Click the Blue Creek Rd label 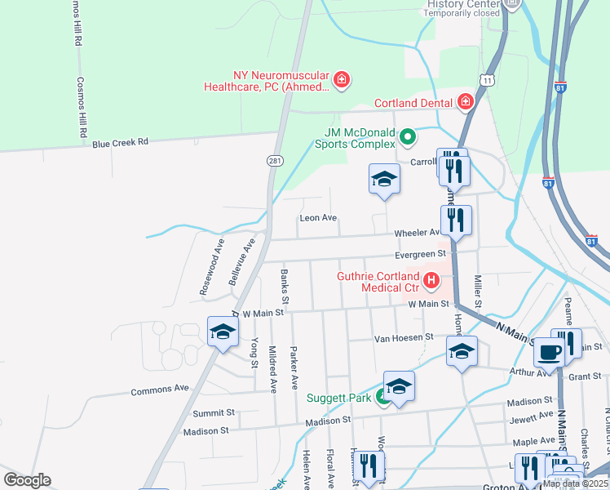point(120,141)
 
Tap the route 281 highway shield point(275,162)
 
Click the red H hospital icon point(431,282)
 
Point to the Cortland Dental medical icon point(466,102)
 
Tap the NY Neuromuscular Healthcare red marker point(343,80)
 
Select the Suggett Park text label point(338,399)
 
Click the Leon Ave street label point(318,218)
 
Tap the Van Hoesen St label point(403,337)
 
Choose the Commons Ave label point(160,390)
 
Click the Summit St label point(213,413)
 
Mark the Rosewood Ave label point(211,267)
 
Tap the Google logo point(27,480)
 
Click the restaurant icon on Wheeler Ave point(455,220)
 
